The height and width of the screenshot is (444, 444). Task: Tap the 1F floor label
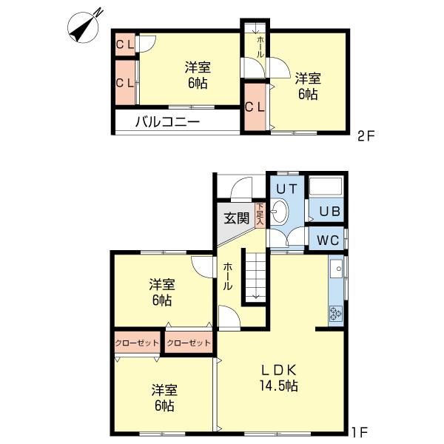click(359, 430)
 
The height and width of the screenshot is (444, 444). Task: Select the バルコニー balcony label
click(166, 122)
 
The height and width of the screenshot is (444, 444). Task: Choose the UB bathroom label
click(329, 212)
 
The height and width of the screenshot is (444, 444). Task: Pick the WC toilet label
click(328, 240)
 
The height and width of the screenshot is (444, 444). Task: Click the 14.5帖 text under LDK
click(278, 386)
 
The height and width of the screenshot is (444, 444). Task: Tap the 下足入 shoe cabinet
click(260, 215)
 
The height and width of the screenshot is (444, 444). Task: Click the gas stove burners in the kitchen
click(335, 314)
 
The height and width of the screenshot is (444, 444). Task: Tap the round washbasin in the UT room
click(280, 214)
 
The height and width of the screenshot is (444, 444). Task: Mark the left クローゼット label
click(137, 343)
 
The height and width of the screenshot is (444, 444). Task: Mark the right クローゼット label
click(188, 343)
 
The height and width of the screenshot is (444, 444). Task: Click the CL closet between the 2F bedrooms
click(255, 107)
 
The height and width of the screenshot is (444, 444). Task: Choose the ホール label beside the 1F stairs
click(228, 276)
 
